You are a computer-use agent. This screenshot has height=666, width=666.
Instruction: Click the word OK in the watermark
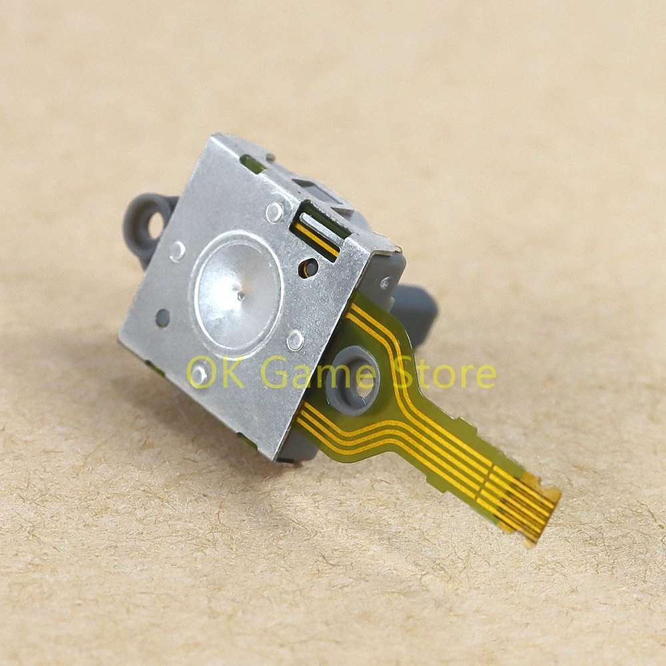tap(216, 372)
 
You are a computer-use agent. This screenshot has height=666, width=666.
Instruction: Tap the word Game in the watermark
tap(317, 372)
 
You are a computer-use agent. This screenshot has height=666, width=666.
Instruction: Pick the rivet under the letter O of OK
tap(199, 374)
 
